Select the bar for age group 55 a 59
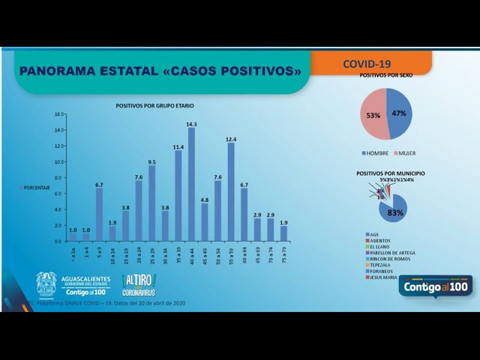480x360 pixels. [230, 192]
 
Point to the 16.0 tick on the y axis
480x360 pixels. [59, 114]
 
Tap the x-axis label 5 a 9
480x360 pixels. [100, 253]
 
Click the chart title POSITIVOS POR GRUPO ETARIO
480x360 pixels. [155, 106]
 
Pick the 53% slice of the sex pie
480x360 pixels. [373, 114]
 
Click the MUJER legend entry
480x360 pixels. [406, 153]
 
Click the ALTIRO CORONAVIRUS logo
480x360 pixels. [139, 284]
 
